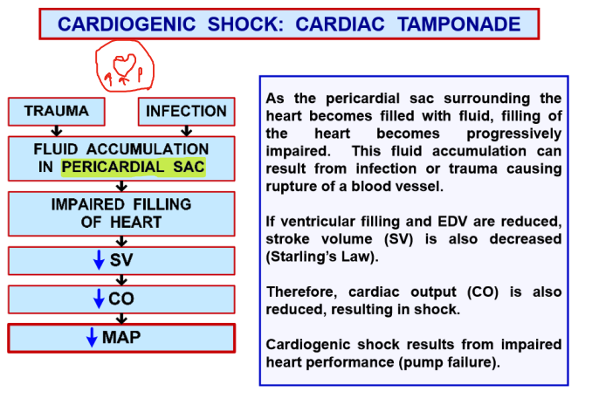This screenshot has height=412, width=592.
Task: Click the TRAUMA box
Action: (x=56, y=112)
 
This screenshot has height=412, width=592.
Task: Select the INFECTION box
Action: (x=186, y=112)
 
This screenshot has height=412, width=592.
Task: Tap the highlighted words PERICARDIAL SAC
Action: (x=134, y=166)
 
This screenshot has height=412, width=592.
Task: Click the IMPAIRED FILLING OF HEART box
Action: (x=121, y=213)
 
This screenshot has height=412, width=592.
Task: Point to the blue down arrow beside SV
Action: (x=99, y=260)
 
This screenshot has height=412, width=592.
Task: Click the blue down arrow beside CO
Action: (x=99, y=299)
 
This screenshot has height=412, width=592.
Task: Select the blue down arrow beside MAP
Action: (x=92, y=338)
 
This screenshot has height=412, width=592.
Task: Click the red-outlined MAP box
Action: (x=121, y=338)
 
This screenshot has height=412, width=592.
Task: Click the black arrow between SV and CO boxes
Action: (x=121, y=279)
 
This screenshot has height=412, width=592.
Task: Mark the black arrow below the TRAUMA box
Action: (x=56, y=132)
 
